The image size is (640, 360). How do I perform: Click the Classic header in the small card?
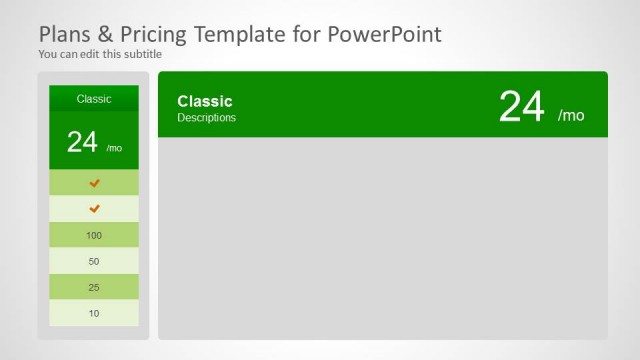click(x=94, y=99)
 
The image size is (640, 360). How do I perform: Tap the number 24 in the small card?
click(x=82, y=142)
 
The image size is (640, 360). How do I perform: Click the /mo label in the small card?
click(x=115, y=147)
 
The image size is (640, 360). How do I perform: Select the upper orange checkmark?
click(x=95, y=183)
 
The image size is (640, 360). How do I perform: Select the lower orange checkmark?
click(x=95, y=209)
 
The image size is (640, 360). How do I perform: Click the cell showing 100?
click(x=94, y=235)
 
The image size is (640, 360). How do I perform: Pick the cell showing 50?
click(x=94, y=261)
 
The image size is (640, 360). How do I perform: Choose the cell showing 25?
click(x=94, y=287)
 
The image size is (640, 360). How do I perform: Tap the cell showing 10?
click(x=94, y=313)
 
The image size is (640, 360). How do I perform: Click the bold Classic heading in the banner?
click(x=205, y=101)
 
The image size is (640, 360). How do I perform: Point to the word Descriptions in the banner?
click(x=207, y=118)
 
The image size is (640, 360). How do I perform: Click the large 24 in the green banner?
click(x=521, y=107)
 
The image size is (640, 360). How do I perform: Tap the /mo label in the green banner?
click(x=571, y=115)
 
